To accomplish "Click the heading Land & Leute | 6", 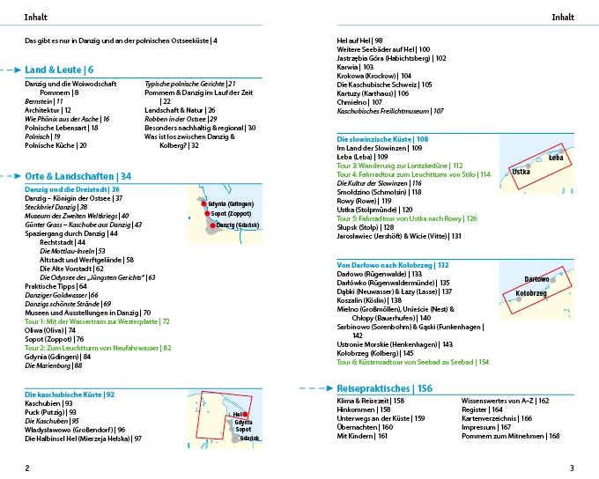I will (59, 70).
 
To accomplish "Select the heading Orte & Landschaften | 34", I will (78, 176).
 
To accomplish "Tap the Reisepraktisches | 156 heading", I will (385, 388).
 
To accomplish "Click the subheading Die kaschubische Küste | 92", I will (70, 394).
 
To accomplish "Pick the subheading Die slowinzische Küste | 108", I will (383, 139).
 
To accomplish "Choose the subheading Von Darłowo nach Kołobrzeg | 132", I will (393, 264).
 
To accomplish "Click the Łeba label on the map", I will (555, 158).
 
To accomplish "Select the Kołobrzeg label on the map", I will (531, 293).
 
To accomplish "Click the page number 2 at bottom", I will (27, 468).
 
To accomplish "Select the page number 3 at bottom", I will (572, 468).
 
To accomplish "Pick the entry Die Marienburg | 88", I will (53, 365).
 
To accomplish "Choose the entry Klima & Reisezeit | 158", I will (371, 401).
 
